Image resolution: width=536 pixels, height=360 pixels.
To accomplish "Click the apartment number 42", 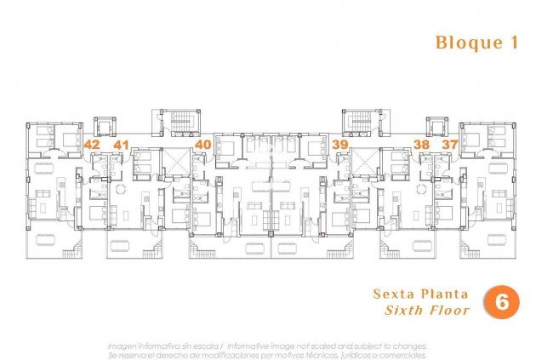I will (92, 145).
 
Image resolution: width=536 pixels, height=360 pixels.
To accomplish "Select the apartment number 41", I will (121, 145).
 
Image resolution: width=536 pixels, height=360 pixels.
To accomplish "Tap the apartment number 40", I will (202, 145).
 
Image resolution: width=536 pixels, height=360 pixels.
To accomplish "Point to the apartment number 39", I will (340, 145).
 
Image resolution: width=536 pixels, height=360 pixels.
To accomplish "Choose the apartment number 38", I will (421, 145).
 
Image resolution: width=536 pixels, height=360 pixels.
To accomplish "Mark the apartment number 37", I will (449, 145).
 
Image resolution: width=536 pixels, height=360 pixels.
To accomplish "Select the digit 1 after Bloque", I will (513, 43).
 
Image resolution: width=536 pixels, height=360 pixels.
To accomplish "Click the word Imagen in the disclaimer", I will (122, 346).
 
